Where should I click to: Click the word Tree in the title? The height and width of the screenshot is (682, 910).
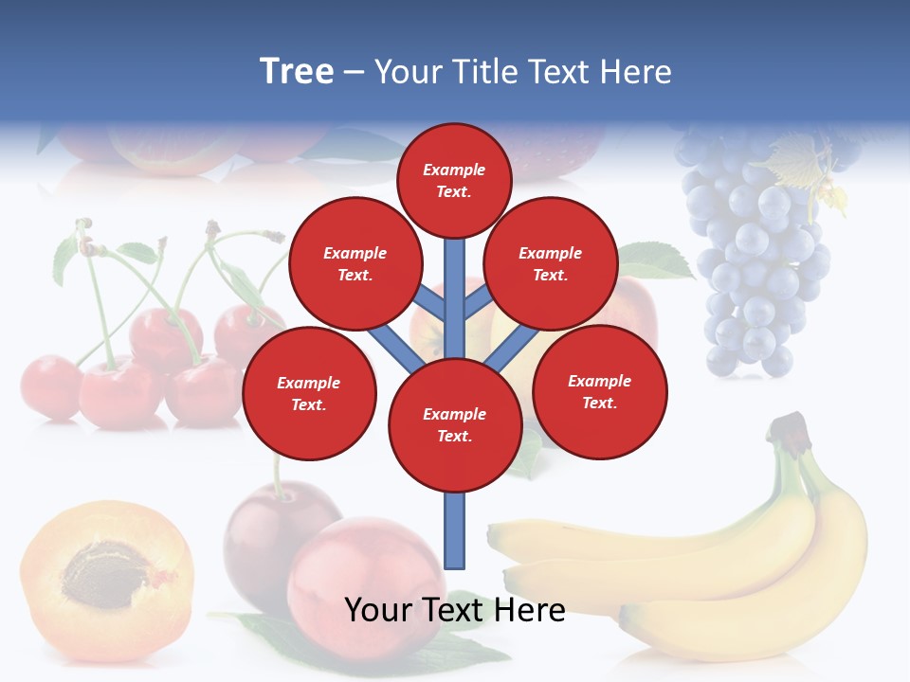pos(297,72)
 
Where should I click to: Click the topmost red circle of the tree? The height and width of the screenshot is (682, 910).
pos(454,180)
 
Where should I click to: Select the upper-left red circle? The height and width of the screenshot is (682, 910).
pos(355,264)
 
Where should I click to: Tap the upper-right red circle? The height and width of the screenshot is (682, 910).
pos(550,264)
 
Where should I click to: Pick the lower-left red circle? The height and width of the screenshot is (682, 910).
pos(309,394)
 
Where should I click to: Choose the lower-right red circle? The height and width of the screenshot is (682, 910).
pos(599,392)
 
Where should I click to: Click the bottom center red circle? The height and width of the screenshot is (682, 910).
pos(455,425)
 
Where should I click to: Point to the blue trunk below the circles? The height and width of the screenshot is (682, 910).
pos(455,530)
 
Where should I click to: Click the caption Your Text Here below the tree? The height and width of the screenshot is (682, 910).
pos(455,610)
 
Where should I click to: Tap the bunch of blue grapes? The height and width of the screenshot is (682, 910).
pos(754,256)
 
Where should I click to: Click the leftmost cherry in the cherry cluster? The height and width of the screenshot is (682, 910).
pos(50,386)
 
